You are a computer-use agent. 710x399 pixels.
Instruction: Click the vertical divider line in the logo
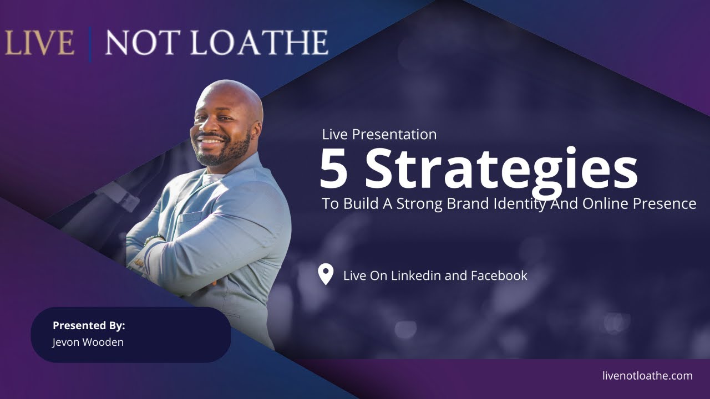(89, 43)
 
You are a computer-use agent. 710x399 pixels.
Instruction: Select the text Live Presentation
(379, 134)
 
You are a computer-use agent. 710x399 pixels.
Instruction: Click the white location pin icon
(326, 274)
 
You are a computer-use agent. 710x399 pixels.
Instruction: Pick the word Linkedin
(415, 275)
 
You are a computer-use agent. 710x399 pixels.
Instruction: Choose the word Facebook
(499, 275)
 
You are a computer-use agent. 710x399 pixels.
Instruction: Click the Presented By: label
(89, 325)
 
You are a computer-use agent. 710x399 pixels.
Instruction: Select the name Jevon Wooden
(88, 342)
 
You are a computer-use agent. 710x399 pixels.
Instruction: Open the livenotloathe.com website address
(647, 376)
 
